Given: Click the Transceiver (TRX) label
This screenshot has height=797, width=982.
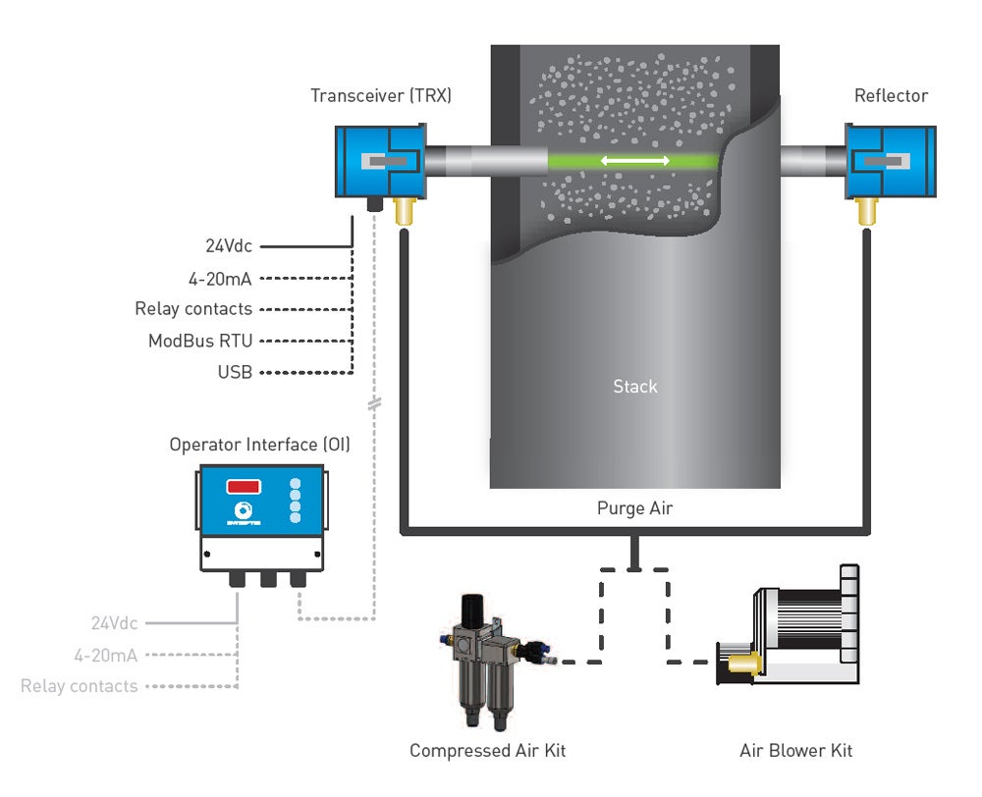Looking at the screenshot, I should point(381,95).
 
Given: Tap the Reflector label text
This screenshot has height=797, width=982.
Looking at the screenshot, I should point(891,95).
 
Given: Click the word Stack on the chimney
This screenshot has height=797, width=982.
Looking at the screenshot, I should point(634,387).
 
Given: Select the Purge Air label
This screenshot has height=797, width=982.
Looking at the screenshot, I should point(634,508).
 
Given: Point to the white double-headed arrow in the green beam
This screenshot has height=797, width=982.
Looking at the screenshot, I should point(634,160).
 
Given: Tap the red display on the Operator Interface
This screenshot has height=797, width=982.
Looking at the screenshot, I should point(244,486).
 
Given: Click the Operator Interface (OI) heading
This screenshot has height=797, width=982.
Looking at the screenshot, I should point(259,444).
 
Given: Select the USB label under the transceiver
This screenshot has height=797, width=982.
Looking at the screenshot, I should point(235,373).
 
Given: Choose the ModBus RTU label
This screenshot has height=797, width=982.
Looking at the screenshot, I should point(200,342).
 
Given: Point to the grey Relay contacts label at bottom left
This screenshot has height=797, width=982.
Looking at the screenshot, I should point(80,686).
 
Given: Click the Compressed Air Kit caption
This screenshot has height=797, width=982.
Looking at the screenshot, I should point(487,751).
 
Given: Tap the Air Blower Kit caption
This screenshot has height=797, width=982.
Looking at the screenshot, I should point(795,751).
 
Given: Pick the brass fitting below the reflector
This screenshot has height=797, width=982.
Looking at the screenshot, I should point(866,209).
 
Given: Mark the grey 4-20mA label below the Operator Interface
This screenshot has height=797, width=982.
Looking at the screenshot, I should point(106,655).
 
